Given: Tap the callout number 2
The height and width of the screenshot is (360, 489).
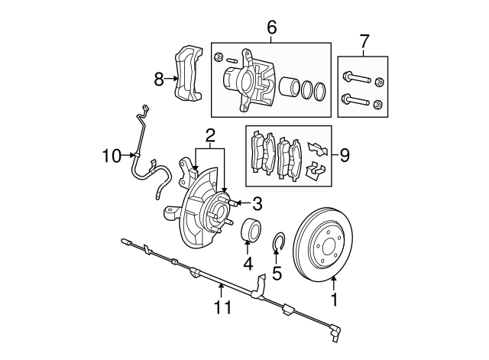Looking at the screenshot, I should point(209,136).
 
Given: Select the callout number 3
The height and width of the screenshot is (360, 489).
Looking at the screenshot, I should point(257,203).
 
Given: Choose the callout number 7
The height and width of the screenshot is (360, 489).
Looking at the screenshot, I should point(363,41).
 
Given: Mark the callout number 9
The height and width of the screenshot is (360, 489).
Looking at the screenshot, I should point(344,156).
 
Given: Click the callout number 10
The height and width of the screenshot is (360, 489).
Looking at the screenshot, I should point(111,156).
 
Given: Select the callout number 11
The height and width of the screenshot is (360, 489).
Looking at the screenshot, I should point(222,308).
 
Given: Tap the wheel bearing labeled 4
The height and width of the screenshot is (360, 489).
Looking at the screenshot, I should point(251,229).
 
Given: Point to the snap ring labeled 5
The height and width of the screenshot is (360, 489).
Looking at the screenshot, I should point(279,244).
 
